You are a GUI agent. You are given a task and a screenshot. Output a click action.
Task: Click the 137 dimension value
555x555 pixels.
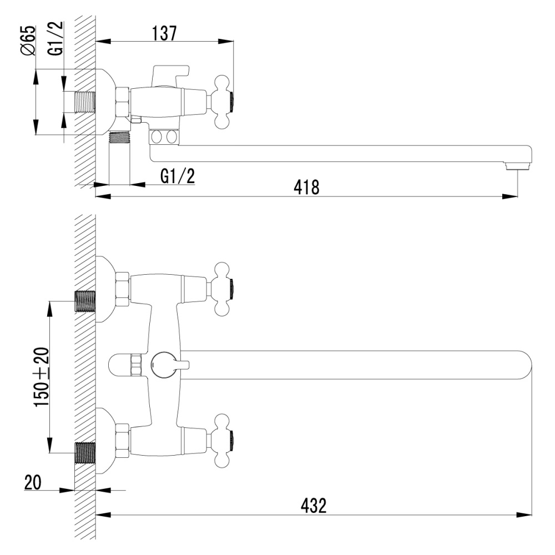tap(164, 33)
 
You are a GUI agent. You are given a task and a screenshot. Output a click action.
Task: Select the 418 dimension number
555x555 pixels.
tap(306, 188)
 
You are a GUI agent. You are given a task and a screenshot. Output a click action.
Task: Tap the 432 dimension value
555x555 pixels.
tap(314, 504)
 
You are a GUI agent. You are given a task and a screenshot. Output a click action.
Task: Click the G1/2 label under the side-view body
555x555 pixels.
tap(178, 176)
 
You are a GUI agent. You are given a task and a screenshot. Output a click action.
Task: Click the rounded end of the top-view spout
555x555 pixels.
tap(524, 365)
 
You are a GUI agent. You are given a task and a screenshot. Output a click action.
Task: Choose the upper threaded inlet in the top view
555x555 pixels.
tap(85, 301)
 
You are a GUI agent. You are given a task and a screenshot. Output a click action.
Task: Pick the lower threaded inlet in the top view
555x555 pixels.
tap(85, 452)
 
